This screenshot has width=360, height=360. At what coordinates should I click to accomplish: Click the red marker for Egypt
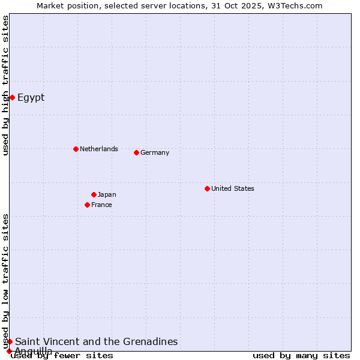12,97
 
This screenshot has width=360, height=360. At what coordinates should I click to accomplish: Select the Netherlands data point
76,149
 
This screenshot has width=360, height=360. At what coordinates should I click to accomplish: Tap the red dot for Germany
136,152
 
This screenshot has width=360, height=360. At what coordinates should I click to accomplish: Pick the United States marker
207,188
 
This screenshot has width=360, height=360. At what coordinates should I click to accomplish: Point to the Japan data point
94,194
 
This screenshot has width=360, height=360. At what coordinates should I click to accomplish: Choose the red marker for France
87,205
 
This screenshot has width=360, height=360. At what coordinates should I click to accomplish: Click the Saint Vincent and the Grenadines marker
10,341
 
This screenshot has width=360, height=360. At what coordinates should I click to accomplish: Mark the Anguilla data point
9,351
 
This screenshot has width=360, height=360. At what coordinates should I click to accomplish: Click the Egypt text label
31,98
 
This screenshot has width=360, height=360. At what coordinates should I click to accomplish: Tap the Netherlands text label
99,149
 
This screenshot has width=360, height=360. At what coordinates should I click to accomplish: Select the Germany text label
155,152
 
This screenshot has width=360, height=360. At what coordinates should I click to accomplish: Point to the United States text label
233,188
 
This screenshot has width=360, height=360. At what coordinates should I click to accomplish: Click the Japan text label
107,194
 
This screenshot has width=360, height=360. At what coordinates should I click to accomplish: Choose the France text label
101,205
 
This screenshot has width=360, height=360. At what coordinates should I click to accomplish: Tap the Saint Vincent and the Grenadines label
97,341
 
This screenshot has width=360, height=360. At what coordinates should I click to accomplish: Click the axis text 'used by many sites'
301,355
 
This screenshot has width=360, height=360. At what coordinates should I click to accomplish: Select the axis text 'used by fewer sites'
62,355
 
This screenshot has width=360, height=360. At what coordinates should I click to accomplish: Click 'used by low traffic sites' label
6,281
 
